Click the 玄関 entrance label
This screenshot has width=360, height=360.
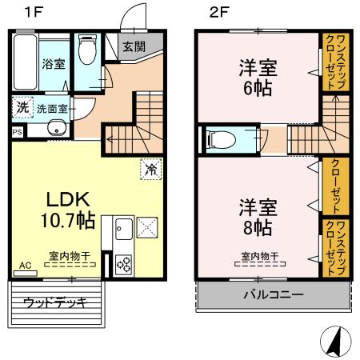tap(134, 46)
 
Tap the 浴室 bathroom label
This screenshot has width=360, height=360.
tap(54, 64)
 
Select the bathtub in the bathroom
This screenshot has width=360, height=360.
tap(25, 62)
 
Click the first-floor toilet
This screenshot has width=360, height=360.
tap(87, 50)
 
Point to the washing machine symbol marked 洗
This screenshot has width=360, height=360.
tap(22, 107)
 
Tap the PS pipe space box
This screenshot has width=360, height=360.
tap(18, 132)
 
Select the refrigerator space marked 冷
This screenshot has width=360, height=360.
tap(151, 170)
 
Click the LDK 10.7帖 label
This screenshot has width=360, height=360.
tap(68, 210)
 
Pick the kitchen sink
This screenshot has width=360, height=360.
tap(124, 229)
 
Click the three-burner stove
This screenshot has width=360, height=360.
tap(124, 265)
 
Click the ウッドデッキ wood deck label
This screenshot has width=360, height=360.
tap(55, 303)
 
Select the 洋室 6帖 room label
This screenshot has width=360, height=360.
tap(258, 78)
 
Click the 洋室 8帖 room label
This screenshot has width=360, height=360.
tap(258, 218)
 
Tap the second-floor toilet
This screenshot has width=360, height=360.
tap(221, 139)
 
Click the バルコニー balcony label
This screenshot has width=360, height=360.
tap(274, 294)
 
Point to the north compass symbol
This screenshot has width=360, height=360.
tap(336, 342)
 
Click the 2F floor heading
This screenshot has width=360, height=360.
tap(219, 12)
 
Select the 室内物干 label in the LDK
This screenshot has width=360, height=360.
tap(70, 256)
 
